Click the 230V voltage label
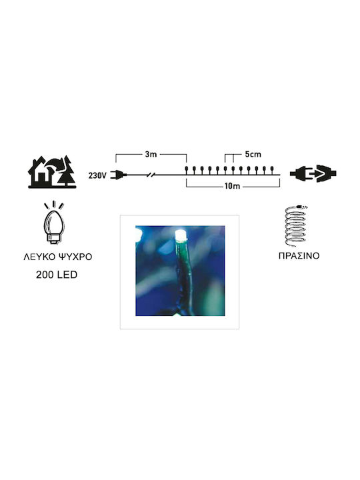point(97,175)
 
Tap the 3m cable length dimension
point(151,154)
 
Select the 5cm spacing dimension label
point(253,154)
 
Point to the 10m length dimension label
point(233,186)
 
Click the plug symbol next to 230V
point(119,175)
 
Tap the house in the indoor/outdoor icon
point(40,173)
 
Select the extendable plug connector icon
point(313,173)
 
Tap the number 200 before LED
point(44,275)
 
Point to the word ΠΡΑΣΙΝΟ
point(299,255)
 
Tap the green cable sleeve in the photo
point(183,275)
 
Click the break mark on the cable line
point(151,175)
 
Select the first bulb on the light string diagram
point(186,169)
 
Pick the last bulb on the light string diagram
point(271,169)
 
